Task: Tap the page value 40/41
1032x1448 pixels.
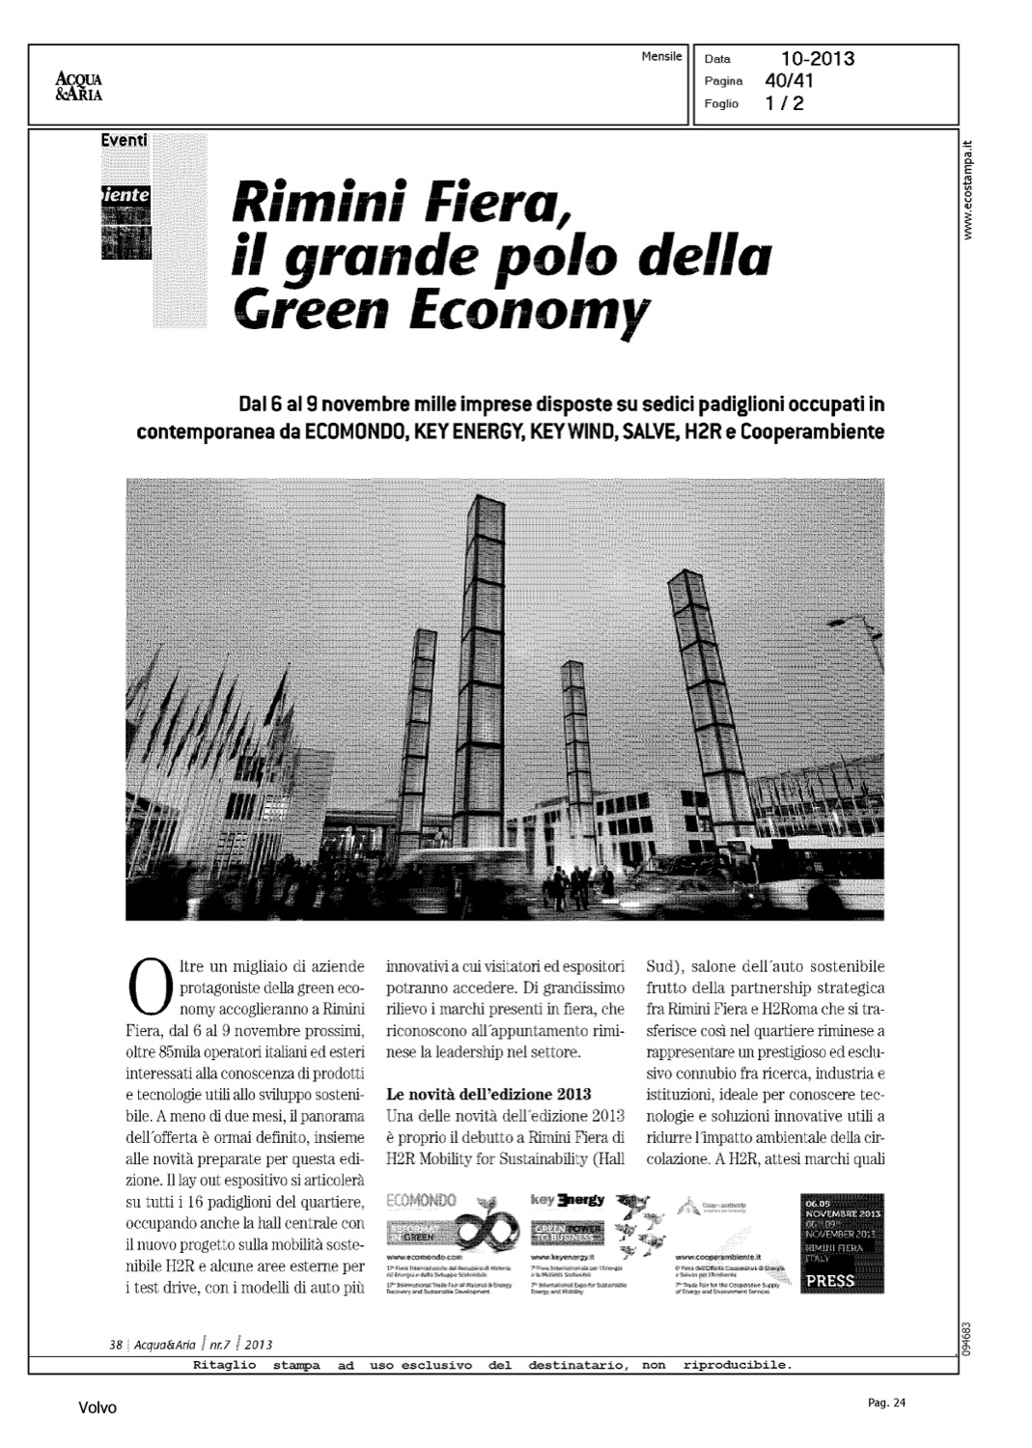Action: click(x=789, y=81)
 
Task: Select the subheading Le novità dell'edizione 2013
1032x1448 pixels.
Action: click(x=488, y=1095)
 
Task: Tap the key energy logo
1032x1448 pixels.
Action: click(x=567, y=1201)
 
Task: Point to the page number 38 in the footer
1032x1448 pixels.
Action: click(x=115, y=1344)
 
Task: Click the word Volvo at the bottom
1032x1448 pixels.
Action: click(x=98, y=1408)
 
